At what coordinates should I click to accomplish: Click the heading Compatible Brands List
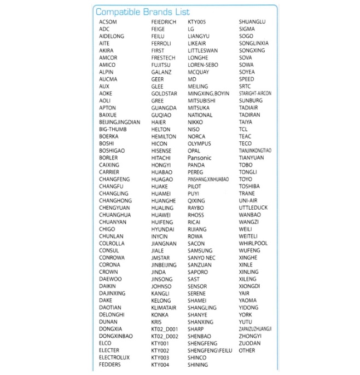click(x=142, y=11)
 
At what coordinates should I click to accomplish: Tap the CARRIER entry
click(x=109, y=172)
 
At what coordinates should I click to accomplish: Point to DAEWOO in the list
click(x=110, y=279)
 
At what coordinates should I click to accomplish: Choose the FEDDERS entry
click(x=110, y=365)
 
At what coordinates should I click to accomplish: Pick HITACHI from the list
click(x=161, y=158)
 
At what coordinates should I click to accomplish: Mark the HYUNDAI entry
click(x=162, y=229)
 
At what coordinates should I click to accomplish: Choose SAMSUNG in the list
click(x=200, y=251)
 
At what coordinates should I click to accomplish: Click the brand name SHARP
click(x=195, y=329)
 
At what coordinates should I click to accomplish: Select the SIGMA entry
click(x=247, y=29)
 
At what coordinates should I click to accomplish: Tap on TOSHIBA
click(x=249, y=186)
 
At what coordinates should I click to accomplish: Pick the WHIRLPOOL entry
click(x=253, y=244)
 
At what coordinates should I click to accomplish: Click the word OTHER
click(x=247, y=350)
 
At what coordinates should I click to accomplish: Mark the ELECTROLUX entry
click(x=114, y=357)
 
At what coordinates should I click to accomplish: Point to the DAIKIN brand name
click(x=107, y=286)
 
